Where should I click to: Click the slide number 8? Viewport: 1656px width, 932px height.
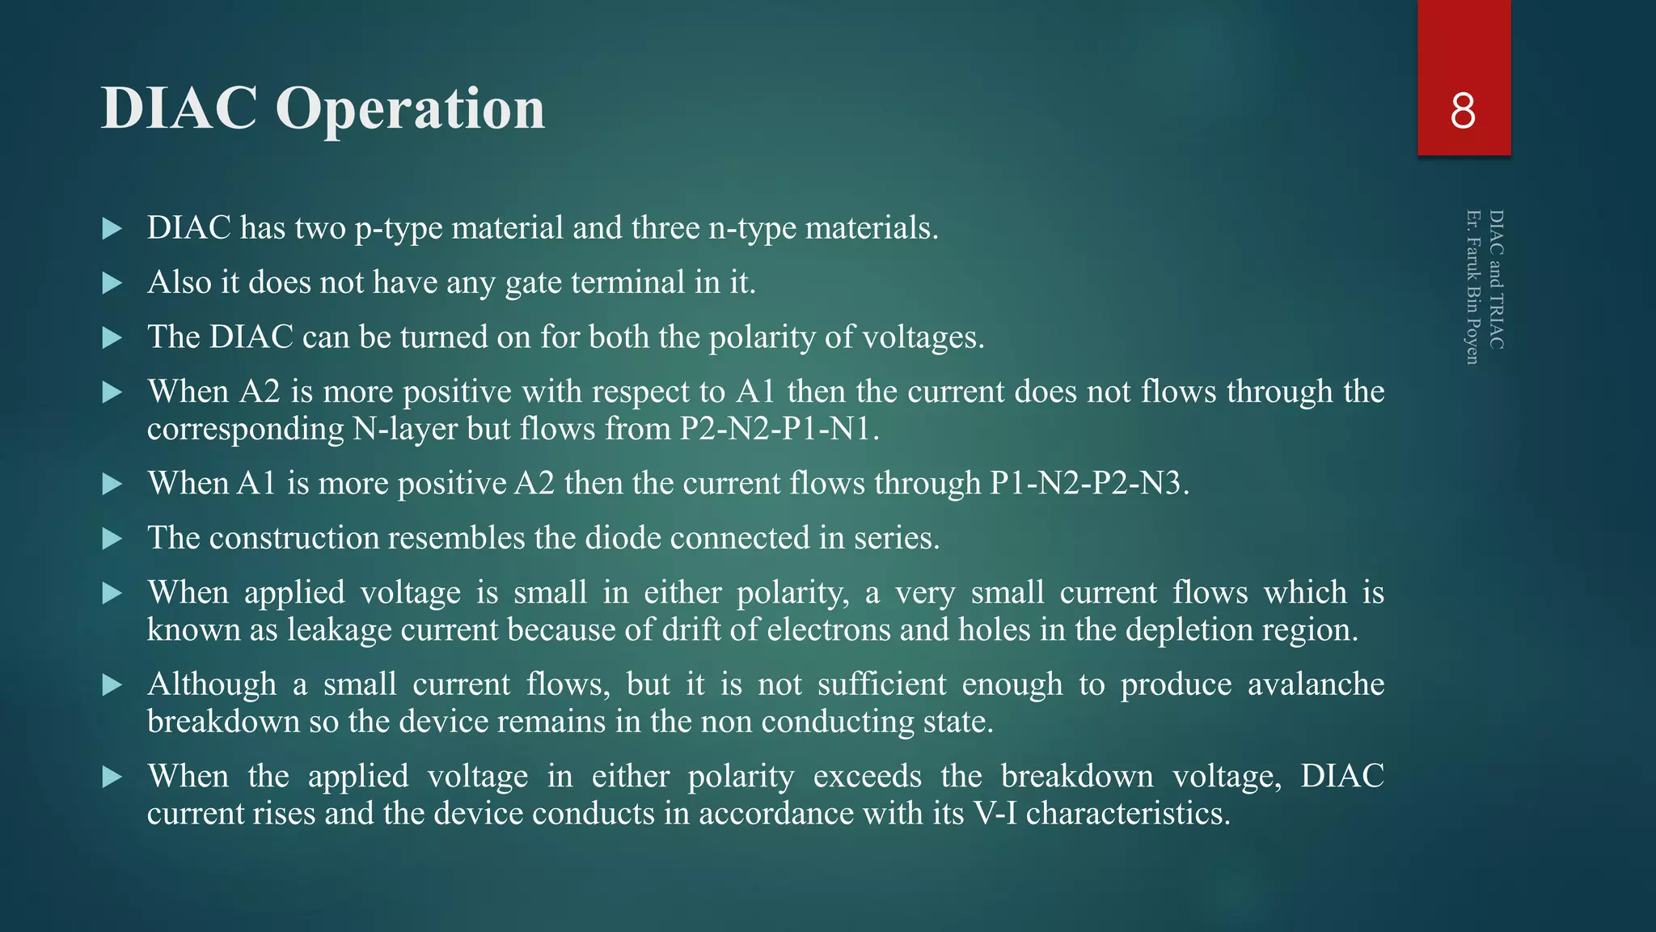1463,111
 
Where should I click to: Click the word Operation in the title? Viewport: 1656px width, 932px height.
410,109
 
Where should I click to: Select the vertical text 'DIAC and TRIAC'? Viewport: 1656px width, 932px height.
1496,279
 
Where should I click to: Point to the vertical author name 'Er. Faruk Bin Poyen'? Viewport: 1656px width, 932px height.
1472,286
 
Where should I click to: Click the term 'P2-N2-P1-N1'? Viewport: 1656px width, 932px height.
778,429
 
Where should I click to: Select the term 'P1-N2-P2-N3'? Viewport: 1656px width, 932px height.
1088,483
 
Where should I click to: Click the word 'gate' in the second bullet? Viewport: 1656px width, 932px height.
534,283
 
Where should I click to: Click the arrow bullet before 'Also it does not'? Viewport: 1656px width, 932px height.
112,283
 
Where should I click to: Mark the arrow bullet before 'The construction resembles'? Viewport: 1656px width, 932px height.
112,539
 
